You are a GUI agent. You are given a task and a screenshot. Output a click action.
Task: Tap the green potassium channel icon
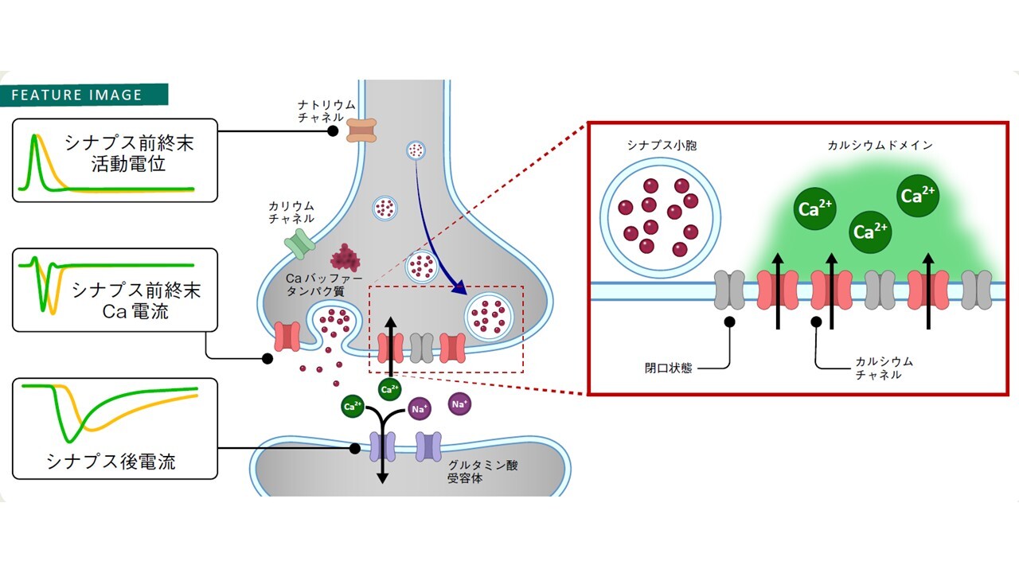(299, 244)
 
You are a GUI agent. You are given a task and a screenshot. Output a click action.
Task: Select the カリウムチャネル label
(291, 212)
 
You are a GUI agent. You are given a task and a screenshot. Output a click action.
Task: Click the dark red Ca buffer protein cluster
(346, 257)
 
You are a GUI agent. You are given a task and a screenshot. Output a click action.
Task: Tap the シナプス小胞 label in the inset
(660, 146)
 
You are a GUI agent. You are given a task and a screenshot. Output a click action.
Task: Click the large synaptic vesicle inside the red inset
(661, 216)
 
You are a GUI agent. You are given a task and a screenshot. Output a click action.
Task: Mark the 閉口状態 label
(668, 368)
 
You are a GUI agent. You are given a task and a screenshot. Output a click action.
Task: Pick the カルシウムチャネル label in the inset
(884, 368)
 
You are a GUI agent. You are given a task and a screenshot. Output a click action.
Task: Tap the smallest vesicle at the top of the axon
(416, 149)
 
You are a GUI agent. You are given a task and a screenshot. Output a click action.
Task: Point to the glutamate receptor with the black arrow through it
(382, 447)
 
